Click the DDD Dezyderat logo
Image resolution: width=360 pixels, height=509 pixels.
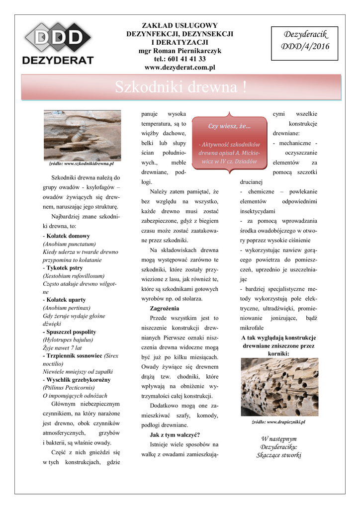tap(58, 44)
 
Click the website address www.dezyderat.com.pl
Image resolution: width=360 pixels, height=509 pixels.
tap(180, 67)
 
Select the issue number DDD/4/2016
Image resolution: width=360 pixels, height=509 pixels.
tap(305, 47)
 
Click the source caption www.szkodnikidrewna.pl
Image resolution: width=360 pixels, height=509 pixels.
tap(82, 163)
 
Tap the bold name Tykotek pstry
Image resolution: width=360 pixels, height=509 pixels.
tap(65, 267)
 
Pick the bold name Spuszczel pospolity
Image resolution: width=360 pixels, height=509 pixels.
tap(71, 332)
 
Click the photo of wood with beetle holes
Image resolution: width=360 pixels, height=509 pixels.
tap(279, 388)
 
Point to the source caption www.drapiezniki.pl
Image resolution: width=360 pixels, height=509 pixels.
tap(278, 422)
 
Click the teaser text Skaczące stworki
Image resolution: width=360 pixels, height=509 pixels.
tap(278, 455)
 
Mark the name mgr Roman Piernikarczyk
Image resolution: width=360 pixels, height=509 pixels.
tap(180, 51)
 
